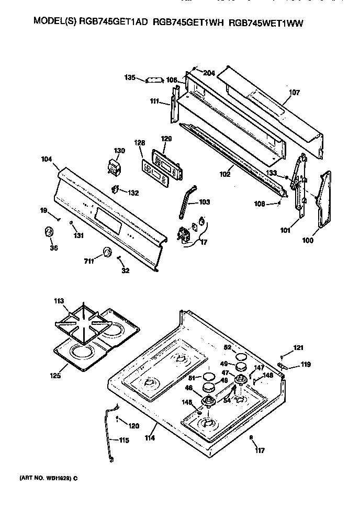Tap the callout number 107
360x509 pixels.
294,93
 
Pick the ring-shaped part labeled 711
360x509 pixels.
107,252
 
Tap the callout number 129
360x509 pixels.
166,139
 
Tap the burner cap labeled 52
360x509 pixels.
241,357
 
